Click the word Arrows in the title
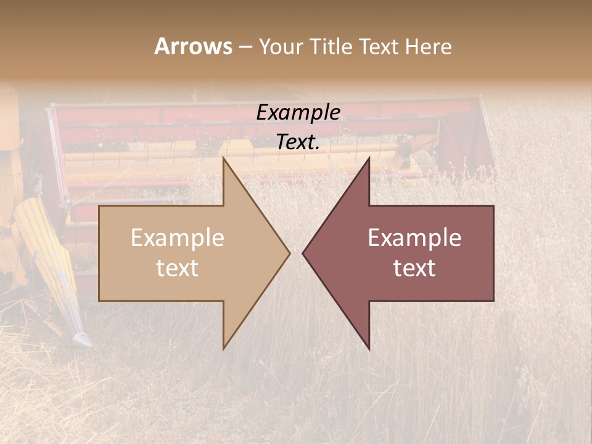[193, 46]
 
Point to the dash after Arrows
[245, 47]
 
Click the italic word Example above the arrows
[298, 113]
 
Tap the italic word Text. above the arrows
[298, 142]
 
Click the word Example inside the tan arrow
[178, 238]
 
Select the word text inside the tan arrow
[178, 268]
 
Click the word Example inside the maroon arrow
[414, 238]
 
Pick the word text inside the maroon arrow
[414, 268]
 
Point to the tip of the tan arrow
[289, 252]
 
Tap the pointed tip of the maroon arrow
[303, 252]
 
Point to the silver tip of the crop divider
[82, 339]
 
